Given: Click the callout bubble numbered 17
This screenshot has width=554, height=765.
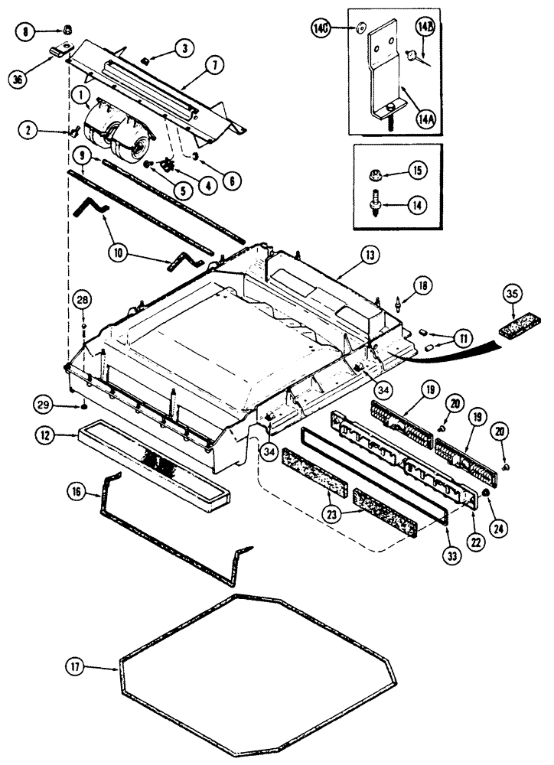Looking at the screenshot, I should [x=95, y=669].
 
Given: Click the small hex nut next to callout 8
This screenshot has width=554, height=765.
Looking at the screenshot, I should [x=67, y=30].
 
